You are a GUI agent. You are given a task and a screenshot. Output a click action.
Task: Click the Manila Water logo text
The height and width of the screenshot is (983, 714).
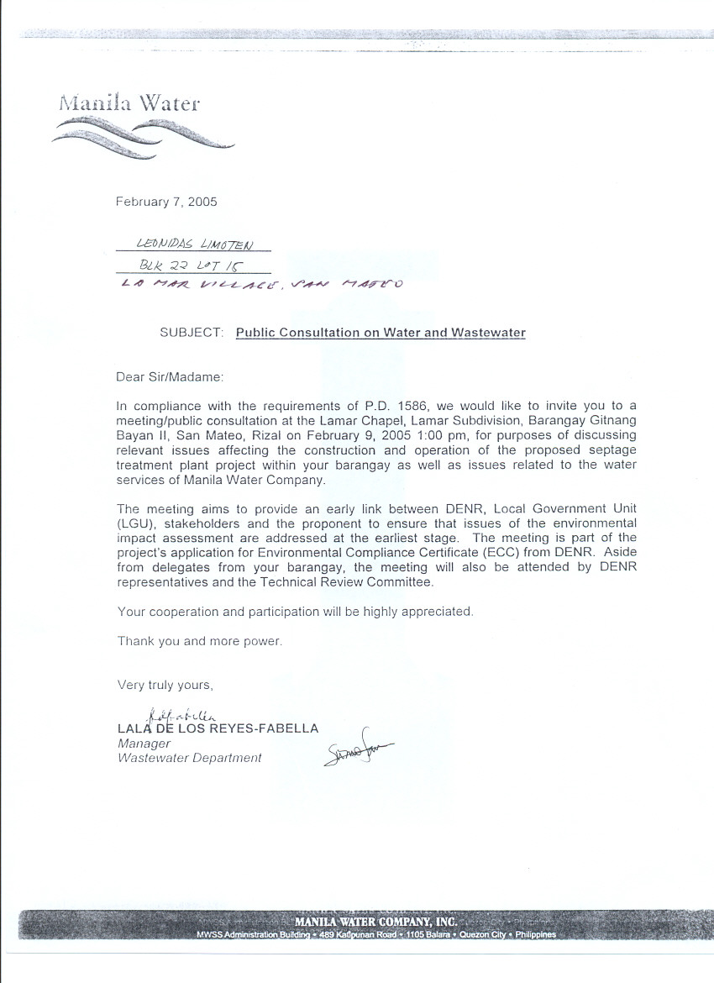pos(129,103)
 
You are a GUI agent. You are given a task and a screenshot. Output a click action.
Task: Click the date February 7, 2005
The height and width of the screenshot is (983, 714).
pos(166,202)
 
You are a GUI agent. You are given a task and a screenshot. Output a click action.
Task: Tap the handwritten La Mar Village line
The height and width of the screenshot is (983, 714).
pos(261,285)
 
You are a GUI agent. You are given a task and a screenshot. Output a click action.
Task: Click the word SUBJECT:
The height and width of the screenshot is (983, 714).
pos(192,333)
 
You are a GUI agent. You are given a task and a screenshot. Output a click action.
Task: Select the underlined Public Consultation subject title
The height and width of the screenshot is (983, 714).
pos(381,333)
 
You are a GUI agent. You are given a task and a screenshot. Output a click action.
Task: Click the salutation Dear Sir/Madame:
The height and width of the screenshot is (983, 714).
pos(171,377)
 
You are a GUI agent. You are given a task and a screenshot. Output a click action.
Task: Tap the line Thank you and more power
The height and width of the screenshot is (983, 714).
pos(200,641)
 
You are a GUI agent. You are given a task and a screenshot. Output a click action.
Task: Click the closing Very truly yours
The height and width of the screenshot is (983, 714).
pos(165,686)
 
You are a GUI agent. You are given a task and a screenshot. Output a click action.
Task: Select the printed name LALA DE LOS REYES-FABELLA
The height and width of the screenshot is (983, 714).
pos(218,728)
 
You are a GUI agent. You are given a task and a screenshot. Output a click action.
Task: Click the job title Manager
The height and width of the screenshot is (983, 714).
pos(144,744)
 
